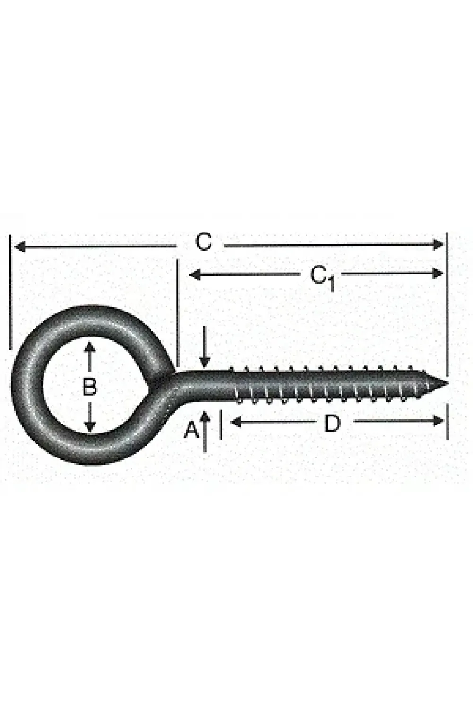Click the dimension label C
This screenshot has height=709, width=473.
(x=203, y=242)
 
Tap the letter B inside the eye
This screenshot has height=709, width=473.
(x=89, y=387)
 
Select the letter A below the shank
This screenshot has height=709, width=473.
(x=192, y=430)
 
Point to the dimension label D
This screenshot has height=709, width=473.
(x=332, y=424)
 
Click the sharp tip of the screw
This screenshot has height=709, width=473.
(x=448, y=383)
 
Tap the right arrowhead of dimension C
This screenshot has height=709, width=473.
(x=438, y=244)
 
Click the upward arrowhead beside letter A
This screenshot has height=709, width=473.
(x=205, y=416)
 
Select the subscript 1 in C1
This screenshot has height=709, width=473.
(x=332, y=284)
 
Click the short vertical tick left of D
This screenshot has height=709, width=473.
(x=221, y=424)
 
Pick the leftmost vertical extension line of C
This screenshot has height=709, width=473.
(x=10, y=292)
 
